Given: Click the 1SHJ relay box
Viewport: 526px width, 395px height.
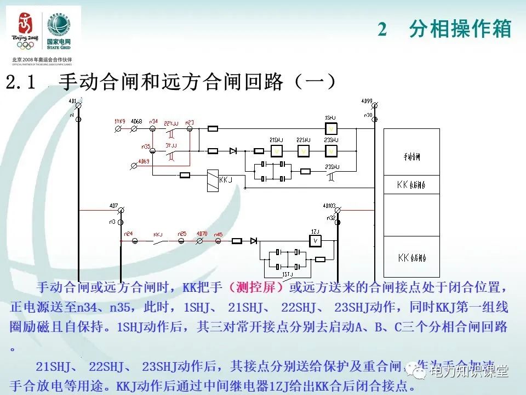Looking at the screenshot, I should [x=330, y=128].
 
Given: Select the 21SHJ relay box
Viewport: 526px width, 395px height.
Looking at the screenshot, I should [x=277, y=150].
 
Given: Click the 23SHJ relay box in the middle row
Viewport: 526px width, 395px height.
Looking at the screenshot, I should [x=330, y=150].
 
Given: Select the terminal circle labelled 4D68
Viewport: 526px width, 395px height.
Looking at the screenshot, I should [x=135, y=128].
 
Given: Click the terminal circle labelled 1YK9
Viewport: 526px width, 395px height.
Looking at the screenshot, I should [x=118, y=128].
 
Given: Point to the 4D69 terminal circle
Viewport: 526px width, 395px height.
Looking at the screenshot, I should [x=135, y=165].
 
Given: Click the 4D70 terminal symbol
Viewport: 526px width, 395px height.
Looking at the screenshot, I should [x=201, y=240].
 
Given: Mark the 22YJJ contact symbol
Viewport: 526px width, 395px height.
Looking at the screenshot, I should [x=171, y=132].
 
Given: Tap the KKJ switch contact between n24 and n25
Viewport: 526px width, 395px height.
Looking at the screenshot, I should [x=159, y=240].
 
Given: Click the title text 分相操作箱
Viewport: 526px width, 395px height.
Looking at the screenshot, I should [x=460, y=29].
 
